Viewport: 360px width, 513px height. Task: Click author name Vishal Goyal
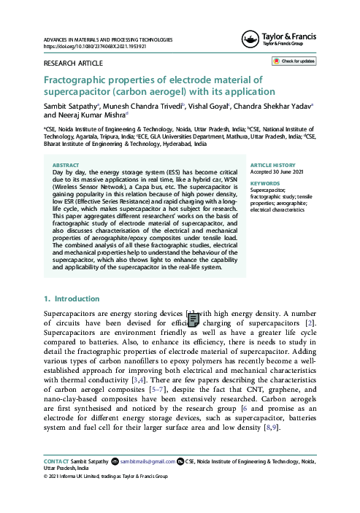(x=207, y=106)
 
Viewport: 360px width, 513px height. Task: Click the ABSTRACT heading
(x=67, y=165)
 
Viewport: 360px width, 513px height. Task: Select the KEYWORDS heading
(x=265, y=183)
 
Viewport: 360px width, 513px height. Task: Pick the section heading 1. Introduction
(x=72, y=299)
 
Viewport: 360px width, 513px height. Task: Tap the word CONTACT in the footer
(x=57, y=461)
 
